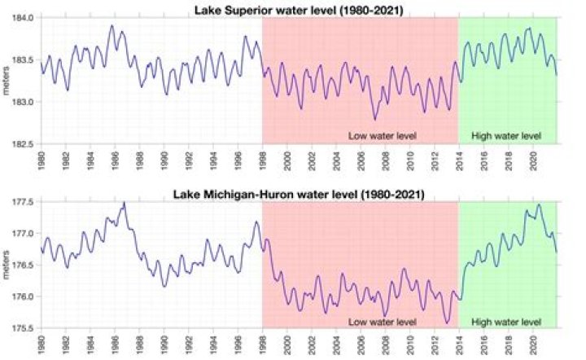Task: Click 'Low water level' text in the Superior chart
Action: click(x=383, y=135)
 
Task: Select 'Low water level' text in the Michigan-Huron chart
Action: click(x=383, y=321)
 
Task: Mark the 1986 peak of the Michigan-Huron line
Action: click(x=124, y=202)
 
